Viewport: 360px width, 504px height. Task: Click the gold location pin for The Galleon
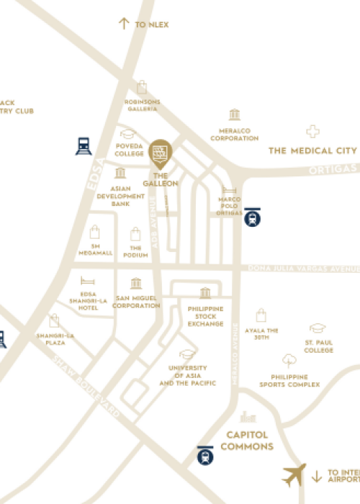161,152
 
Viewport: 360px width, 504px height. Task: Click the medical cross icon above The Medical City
312,131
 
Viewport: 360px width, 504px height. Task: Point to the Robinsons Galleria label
143,106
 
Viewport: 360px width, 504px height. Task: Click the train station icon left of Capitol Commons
206,455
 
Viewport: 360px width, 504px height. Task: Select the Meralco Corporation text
234,135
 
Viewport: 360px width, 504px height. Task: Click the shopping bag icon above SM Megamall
94,232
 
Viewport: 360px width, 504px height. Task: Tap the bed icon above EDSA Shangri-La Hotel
87,281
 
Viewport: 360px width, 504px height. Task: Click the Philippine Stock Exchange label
206,316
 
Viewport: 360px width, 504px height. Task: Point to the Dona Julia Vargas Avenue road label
302,269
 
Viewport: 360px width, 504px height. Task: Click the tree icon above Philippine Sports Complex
289,361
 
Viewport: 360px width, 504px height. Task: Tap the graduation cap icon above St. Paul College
318,328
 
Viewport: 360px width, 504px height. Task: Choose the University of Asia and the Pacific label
186,375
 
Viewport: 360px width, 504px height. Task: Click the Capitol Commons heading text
248,441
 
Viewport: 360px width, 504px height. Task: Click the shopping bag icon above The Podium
135,234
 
